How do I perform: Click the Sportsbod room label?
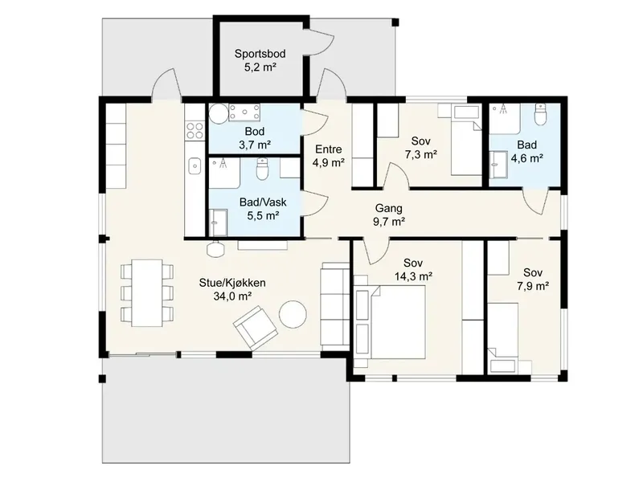click(260, 54)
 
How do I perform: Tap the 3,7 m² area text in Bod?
click(255, 145)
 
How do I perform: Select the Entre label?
click(329, 149)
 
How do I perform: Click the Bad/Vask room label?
click(263, 202)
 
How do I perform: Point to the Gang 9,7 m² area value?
click(389, 222)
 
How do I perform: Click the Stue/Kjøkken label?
click(232, 283)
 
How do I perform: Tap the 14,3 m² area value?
click(413, 276)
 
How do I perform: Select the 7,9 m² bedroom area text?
click(533, 286)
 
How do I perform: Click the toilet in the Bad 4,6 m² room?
click(541, 114)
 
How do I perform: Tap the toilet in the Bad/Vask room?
click(262, 170)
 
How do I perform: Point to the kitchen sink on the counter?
click(195, 166)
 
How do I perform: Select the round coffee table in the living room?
click(293, 314)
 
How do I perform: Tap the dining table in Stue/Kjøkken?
click(147, 292)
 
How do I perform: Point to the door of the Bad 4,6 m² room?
click(535, 201)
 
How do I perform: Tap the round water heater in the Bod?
click(219, 113)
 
